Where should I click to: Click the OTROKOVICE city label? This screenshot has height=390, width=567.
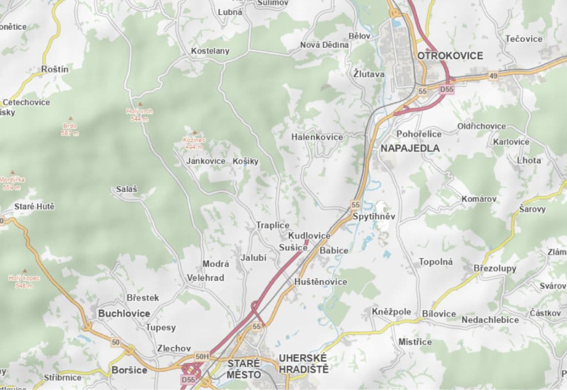coord(450,56)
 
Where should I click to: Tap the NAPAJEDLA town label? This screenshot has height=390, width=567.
coord(410,148)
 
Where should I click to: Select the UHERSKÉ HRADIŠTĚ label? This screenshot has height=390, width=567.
coord(304,364)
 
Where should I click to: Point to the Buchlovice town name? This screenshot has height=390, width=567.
coord(124,313)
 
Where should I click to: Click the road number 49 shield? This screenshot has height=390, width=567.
coord(493,76)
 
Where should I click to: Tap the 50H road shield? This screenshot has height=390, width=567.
coord(202,357)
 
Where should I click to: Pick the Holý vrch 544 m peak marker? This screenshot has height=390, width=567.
coord(140,104)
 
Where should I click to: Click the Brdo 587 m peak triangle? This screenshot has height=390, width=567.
coord(70,118)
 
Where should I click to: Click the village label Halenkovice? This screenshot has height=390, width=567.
coord(317,137)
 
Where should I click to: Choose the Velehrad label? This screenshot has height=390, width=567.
coord(205,278)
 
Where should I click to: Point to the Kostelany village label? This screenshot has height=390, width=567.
coord(210,51)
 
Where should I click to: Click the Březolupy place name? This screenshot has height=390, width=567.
coord(495,269)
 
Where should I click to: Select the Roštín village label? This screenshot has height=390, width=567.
coord(55,69)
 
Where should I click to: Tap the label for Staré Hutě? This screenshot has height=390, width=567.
coord(34,207)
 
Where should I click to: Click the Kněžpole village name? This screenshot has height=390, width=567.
coord(391,312)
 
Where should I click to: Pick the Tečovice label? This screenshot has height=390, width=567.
coord(524,39)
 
